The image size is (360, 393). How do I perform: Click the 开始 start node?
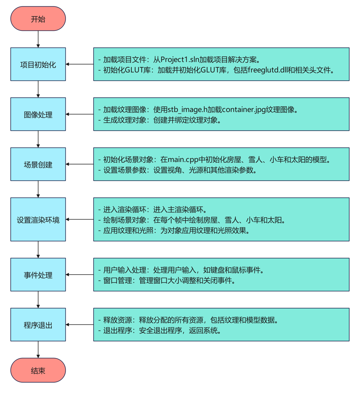coord(38,19)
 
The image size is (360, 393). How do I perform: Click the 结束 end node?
coord(38,370)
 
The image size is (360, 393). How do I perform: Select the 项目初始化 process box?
coord(38,64)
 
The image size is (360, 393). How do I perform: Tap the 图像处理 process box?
coord(38,114)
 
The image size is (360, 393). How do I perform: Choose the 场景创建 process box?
coord(38,164)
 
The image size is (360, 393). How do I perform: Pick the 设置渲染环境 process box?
coord(38,219)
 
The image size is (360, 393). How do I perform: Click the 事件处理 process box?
coord(38,275)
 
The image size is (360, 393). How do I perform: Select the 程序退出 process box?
coord(38,324)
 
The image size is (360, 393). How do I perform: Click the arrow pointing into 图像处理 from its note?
coord(80,114)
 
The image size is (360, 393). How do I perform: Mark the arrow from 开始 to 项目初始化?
coord(38,39)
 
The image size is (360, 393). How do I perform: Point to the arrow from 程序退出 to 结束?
coord(38,350)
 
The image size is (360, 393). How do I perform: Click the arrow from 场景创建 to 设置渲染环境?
coord(38,189)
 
